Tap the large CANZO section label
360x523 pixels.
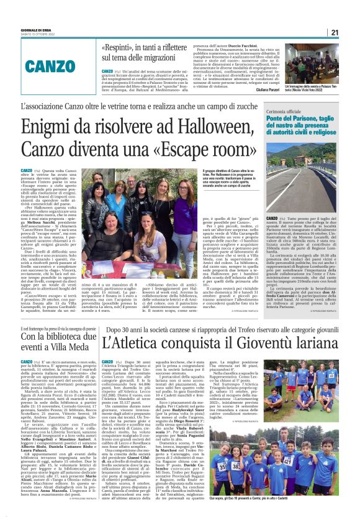click(x=59, y=64)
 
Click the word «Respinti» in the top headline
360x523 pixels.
click(x=119, y=47)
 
